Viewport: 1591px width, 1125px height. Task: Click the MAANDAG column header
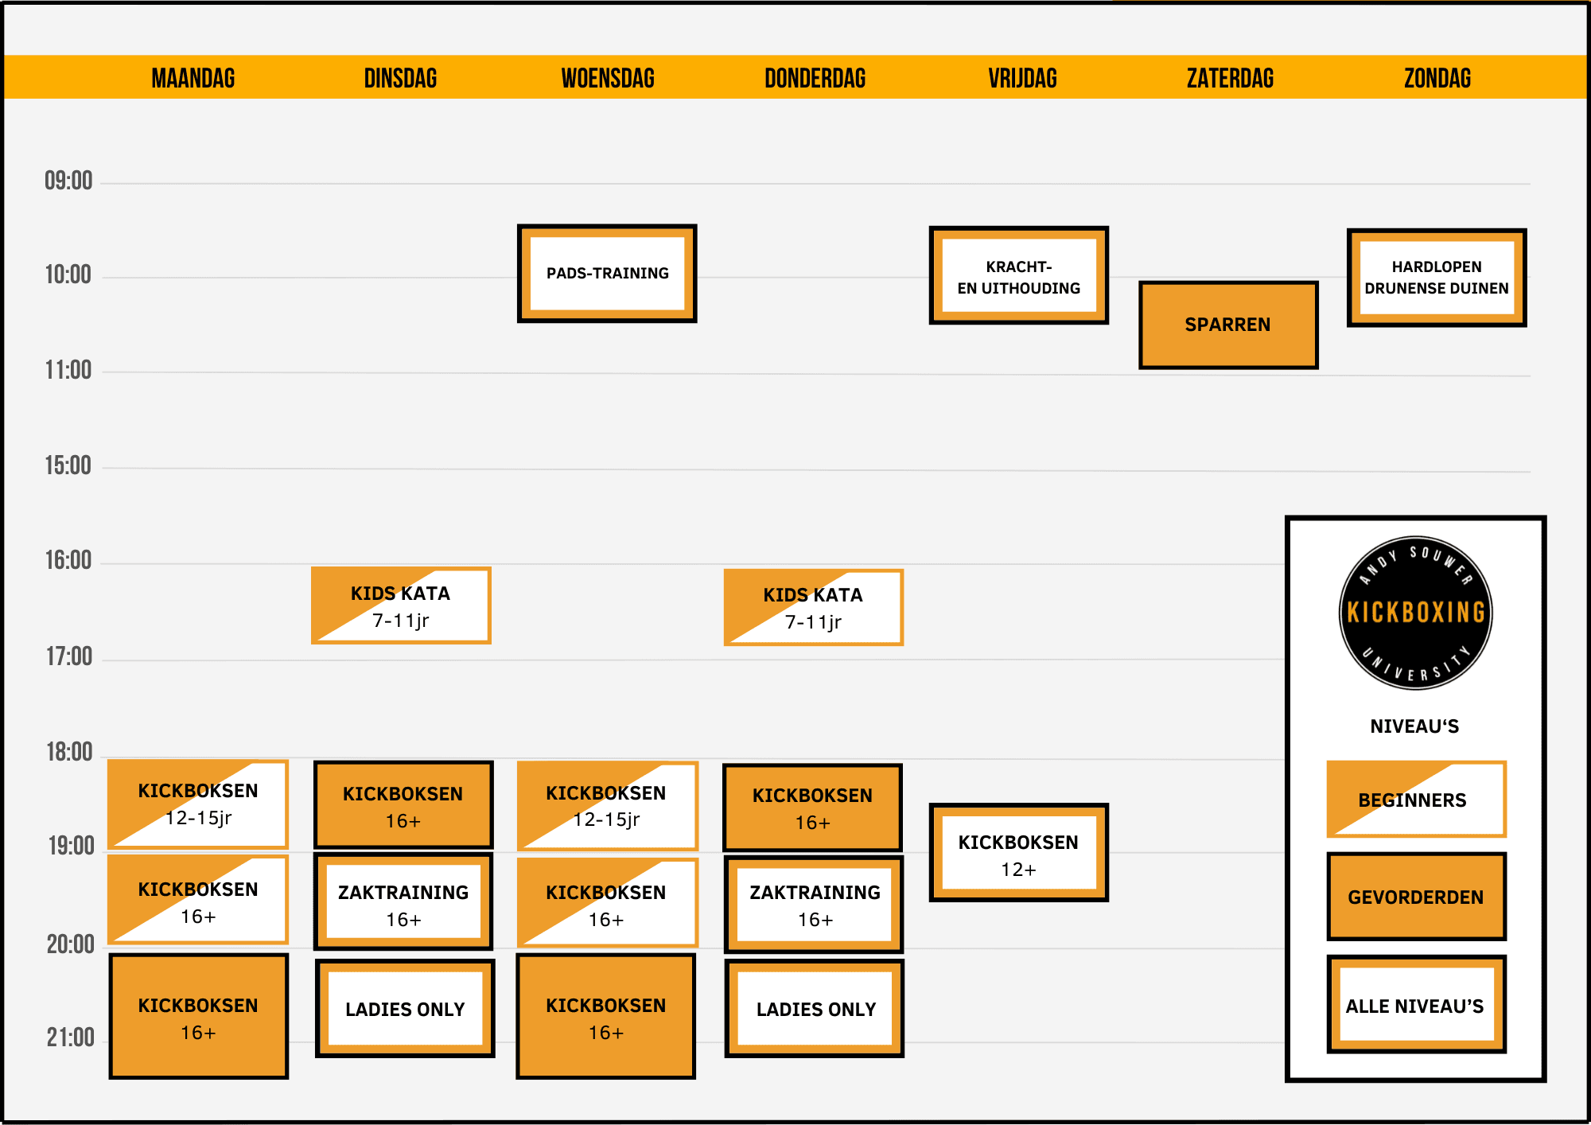click(193, 78)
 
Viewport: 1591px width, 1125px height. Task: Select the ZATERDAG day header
click(1230, 78)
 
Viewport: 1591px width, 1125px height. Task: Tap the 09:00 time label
click(68, 181)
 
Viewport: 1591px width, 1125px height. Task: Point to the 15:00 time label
click(68, 465)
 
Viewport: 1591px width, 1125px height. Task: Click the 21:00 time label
click(70, 1037)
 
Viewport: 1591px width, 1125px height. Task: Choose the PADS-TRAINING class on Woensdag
click(607, 273)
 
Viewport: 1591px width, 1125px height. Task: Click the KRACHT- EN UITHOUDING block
click(1019, 275)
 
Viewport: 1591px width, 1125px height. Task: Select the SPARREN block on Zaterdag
click(1228, 325)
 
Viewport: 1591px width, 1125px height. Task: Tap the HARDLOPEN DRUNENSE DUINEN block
click(1437, 277)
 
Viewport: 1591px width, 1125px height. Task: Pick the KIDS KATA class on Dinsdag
click(401, 605)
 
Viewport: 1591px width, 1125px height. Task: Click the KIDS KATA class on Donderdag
click(813, 607)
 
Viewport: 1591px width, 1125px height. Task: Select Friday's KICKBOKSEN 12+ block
click(1019, 852)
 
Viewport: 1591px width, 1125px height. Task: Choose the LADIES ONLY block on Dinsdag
click(405, 1008)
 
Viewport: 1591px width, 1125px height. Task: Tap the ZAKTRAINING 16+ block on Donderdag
click(814, 905)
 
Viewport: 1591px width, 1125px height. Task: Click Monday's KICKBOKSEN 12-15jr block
click(198, 804)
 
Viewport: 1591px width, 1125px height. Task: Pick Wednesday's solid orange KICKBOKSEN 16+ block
click(605, 1017)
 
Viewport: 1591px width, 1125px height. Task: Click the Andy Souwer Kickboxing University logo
click(1416, 612)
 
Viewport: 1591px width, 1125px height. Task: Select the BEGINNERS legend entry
click(1416, 799)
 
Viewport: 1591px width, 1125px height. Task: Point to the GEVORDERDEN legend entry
click(1417, 897)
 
